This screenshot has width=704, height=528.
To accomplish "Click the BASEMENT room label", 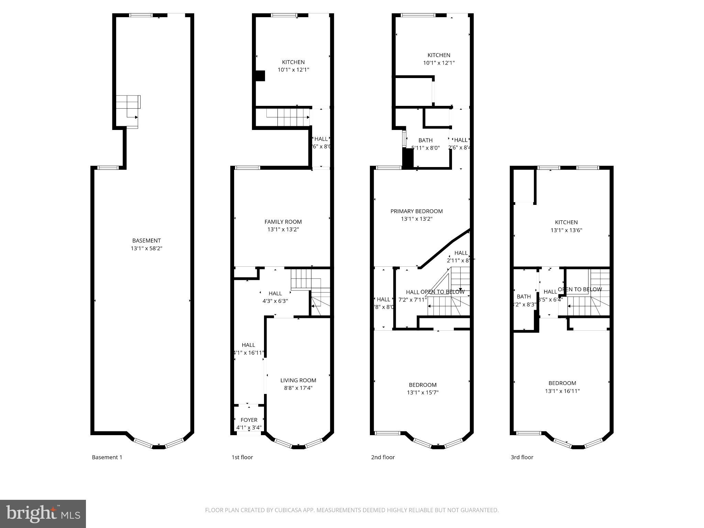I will click(x=146, y=241).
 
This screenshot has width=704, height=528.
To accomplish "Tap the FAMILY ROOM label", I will click(x=283, y=222).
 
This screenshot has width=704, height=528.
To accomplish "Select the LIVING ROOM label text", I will click(x=298, y=380).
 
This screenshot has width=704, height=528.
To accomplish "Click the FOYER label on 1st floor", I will click(x=249, y=420).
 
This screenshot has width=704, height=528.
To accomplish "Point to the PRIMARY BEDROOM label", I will click(x=416, y=211).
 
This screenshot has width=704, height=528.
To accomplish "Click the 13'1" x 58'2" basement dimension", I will click(x=146, y=248).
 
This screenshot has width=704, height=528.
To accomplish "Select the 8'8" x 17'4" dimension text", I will click(x=298, y=388).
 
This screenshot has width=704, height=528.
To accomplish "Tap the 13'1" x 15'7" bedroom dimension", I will click(x=422, y=393).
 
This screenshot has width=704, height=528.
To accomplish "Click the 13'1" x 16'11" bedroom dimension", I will click(x=562, y=391).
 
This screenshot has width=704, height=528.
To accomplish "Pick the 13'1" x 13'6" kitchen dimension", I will click(x=566, y=230).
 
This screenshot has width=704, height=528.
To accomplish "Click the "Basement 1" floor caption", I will click(x=107, y=457).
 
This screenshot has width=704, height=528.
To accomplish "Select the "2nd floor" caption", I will click(x=383, y=457).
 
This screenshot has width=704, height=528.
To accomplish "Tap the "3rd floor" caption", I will click(x=522, y=457).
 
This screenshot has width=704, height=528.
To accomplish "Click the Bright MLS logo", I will click(x=43, y=514).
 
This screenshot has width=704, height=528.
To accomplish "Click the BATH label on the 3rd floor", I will click(x=524, y=296).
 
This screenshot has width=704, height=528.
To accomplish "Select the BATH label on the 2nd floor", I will click(x=425, y=140).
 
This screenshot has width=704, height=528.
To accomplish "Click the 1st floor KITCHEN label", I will click(x=293, y=62).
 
